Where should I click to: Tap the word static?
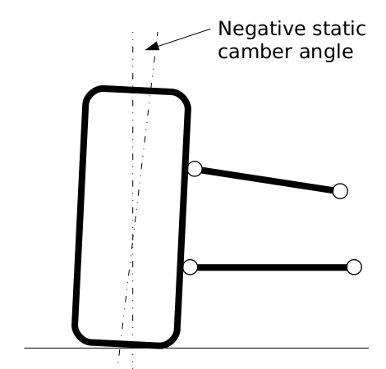[339, 29]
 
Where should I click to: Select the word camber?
[255, 52]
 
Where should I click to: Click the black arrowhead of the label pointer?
[152, 47]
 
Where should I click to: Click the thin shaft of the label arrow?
[184, 38]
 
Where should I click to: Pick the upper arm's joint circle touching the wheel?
[195, 169]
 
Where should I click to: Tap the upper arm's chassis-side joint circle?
[340, 191]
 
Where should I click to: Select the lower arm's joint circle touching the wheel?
[190, 267]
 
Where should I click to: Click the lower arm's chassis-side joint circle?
[354, 267]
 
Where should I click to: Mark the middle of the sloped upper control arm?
[268, 180]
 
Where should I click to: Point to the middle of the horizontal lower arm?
[272, 267]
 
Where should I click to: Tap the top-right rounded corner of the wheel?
[183, 98]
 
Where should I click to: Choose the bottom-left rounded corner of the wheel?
[80, 337]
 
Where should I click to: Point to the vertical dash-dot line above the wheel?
[133, 59]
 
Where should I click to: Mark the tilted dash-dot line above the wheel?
[154, 60]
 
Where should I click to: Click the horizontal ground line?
[196, 348]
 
